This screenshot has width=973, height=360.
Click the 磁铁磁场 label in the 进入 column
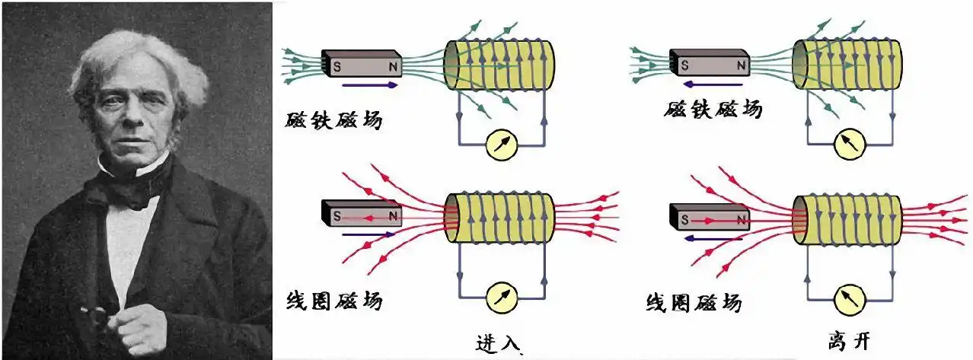point(334,119)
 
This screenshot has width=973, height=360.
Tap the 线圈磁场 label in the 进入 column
point(334,301)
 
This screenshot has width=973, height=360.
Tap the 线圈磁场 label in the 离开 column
point(692,303)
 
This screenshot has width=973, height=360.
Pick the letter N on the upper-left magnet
point(393,65)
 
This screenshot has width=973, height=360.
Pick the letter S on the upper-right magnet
point(683,65)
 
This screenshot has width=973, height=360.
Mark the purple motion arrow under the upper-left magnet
point(369,84)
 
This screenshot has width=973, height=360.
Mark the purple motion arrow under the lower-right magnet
point(705,238)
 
